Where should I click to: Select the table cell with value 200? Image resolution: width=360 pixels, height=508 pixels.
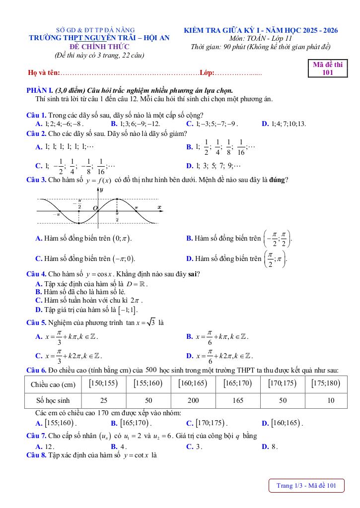click(x=193, y=400)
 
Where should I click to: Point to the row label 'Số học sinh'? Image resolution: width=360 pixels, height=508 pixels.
click(x=53, y=400)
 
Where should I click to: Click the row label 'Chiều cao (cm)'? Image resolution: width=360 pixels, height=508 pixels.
click(x=53, y=384)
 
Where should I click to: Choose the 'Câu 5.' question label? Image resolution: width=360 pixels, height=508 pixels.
click(x=36, y=322)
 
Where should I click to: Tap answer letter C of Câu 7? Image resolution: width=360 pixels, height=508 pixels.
click(x=189, y=446)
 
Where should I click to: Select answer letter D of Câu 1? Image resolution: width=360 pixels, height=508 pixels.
click(x=265, y=124)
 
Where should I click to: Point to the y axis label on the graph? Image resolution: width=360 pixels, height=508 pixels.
click(x=101, y=190)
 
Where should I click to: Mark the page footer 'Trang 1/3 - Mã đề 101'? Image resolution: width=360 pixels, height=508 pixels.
click(x=306, y=486)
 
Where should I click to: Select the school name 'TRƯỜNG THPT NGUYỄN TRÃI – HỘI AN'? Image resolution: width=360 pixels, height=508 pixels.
click(x=99, y=38)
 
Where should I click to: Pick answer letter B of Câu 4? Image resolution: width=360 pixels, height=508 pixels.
click(x=38, y=292)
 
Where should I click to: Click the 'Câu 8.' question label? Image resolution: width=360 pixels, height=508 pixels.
click(x=36, y=455)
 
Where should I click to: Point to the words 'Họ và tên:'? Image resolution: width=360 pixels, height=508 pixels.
click(x=44, y=73)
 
